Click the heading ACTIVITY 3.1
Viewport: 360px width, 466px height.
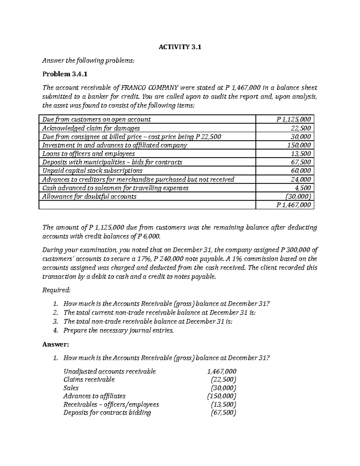[180, 47]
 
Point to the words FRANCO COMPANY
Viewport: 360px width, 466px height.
[149, 88]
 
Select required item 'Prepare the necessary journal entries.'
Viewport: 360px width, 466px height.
[118, 331]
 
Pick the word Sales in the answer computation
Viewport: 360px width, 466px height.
[71, 388]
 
